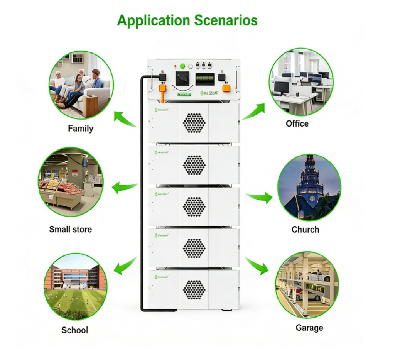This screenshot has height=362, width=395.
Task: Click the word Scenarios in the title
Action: coord(225,20)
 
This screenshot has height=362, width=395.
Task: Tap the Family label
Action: coord(81,128)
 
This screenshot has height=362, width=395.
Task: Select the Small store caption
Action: coord(71,229)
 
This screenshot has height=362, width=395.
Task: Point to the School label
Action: coord(75,330)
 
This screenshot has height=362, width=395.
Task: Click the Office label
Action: coord(297,123)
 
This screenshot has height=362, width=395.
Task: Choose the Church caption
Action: coord(305,229)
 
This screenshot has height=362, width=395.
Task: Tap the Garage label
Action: coord(309,328)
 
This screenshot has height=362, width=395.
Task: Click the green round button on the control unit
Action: coord(183,66)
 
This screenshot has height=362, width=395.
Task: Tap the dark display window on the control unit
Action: coord(204,79)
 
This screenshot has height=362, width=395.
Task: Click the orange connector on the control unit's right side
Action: coord(226,88)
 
